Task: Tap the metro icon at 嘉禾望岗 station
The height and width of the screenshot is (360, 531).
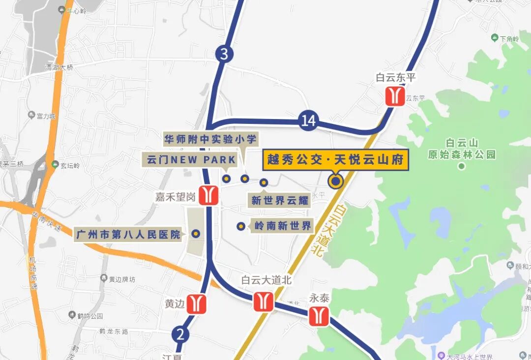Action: tap(209, 195)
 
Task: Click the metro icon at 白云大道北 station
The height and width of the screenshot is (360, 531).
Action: tap(264, 301)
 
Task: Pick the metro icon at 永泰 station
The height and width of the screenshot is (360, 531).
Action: tap(319, 315)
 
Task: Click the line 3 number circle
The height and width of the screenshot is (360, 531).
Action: tap(224, 54)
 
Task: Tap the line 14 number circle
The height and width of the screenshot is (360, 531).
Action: tap(308, 121)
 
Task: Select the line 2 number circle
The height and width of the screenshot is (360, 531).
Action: tap(180, 335)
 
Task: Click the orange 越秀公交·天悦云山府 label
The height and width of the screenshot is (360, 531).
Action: tap(335, 160)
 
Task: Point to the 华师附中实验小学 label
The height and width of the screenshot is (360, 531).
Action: tap(210, 139)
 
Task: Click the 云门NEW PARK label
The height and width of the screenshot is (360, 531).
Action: tap(191, 160)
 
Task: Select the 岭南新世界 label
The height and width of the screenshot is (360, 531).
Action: tap(283, 226)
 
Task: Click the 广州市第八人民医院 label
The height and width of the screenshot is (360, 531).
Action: tap(129, 235)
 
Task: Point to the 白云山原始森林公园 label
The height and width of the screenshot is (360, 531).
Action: tap(461, 149)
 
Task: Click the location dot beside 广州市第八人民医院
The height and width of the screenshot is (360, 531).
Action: tap(196, 234)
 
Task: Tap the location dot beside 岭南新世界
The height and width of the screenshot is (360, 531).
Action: tap(241, 226)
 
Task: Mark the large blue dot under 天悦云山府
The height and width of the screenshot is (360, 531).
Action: tap(336, 181)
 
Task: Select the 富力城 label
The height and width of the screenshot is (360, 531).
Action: tap(46, 117)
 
